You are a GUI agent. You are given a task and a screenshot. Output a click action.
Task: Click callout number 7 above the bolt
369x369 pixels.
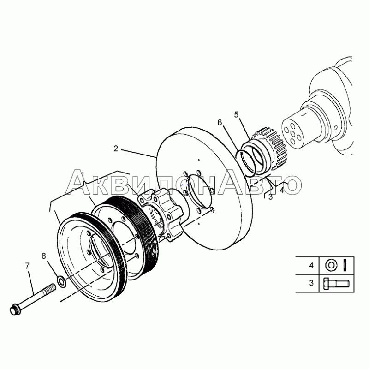27,266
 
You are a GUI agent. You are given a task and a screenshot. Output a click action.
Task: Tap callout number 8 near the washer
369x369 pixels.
44,256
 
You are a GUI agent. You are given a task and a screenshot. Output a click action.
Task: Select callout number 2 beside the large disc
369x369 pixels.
116,149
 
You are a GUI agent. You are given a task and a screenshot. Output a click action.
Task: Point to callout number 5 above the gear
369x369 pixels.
236,114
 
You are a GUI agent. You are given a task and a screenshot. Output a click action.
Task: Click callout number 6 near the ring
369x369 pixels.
220,122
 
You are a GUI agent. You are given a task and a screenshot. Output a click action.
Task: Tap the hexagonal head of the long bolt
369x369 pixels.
15,310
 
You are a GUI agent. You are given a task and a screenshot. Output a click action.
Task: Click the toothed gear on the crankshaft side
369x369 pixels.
271,148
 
